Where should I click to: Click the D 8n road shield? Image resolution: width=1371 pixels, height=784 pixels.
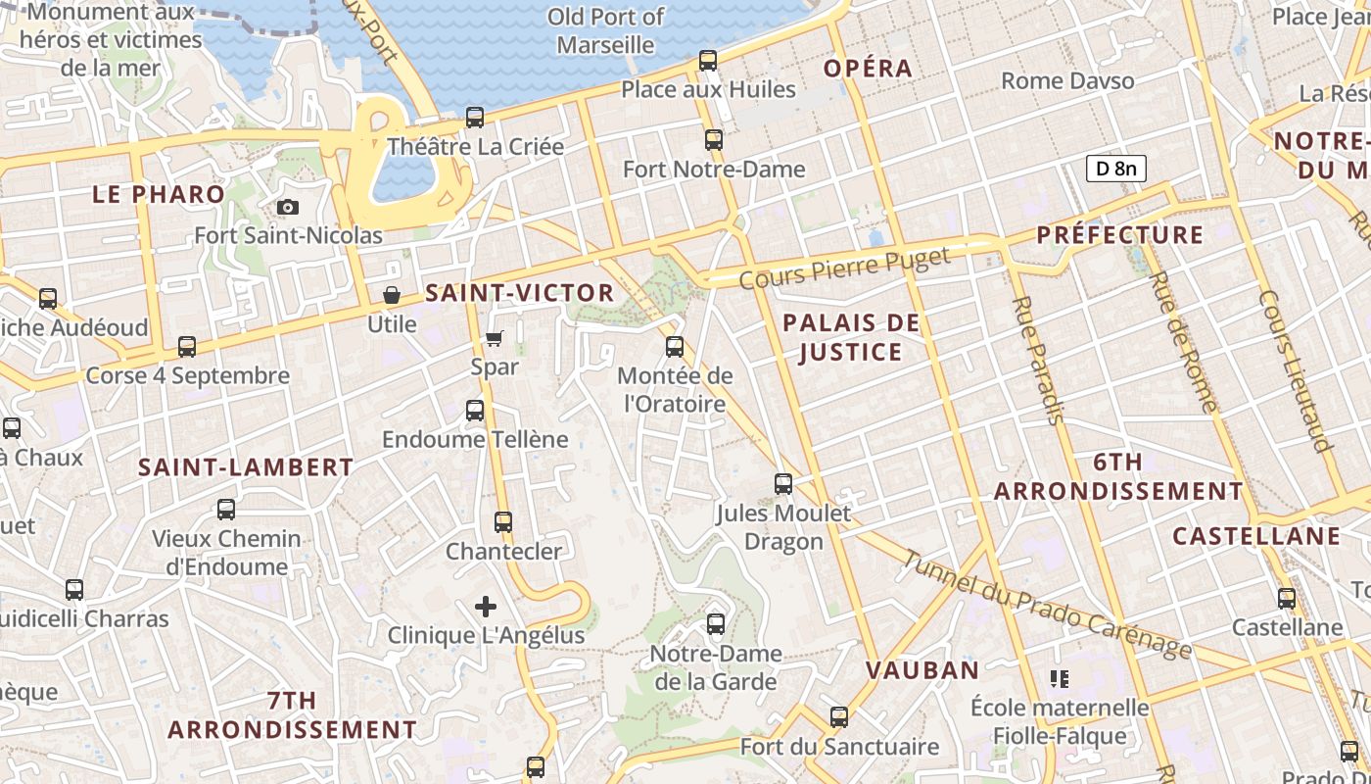click(x=1115, y=169)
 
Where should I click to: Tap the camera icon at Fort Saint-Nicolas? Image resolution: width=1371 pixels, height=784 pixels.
click(x=288, y=207)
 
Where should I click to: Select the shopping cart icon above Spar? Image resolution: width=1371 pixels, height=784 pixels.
click(x=495, y=338)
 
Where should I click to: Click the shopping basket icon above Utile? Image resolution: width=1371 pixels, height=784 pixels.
click(x=392, y=295)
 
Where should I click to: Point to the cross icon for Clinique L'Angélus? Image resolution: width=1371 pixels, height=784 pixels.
click(x=486, y=607)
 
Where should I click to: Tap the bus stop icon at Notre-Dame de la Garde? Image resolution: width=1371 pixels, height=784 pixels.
click(x=716, y=624)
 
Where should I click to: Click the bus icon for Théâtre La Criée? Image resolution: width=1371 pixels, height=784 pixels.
click(x=475, y=118)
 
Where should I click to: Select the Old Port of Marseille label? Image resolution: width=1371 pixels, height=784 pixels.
click(x=605, y=30)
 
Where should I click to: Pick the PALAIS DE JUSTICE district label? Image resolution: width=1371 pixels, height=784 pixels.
click(x=851, y=337)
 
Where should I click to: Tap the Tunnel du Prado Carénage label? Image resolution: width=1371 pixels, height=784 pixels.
click(x=1047, y=605)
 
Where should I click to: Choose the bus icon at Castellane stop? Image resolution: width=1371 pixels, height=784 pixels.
click(x=1287, y=598)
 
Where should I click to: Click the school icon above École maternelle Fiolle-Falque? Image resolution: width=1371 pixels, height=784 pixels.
click(x=1059, y=678)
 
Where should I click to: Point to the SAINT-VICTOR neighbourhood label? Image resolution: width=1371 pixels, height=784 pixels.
click(x=519, y=293)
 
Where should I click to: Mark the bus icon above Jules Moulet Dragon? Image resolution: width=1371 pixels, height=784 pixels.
click(x=783, y=483)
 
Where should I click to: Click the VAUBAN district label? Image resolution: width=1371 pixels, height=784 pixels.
click(x=922, y=670)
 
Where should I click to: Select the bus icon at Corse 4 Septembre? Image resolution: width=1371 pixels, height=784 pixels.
click(x=187, y=347)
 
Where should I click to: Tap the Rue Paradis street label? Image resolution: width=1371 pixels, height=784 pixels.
click(x=1037, y=360)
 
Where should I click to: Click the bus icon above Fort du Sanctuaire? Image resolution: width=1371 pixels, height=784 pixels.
click(x=839, y=717)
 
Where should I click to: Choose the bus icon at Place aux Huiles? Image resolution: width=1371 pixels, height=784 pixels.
click(x=708, y=61)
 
